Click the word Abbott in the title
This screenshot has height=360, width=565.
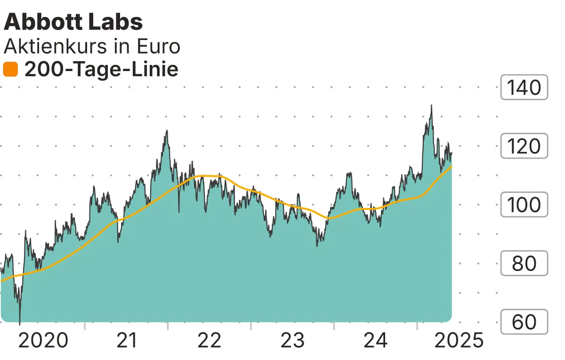tap(40, 23)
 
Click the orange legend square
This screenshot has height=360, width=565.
tap(10, 70)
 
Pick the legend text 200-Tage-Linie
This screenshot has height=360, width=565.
tap(101, 70)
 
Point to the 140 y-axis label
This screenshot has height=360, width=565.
tap(525, 88)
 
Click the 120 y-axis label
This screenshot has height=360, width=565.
tap(525, 146)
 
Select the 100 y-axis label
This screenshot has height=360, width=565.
tap(525, 205)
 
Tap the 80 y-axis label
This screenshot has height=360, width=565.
tap(525, 264)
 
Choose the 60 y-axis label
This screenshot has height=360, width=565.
tap(525, 322)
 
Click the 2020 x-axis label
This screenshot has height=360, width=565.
tap(43, 340)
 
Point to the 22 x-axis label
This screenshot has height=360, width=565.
tap(210, 340)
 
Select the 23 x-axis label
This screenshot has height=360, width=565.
tap(292, 340)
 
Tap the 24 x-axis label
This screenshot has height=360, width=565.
tap(376, 340)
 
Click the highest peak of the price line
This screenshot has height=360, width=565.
tap(431, 105)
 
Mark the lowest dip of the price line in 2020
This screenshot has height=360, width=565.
tap(20, 324)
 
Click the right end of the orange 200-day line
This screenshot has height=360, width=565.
tap(452, 167)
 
